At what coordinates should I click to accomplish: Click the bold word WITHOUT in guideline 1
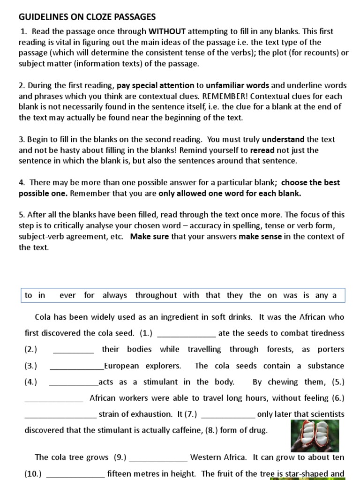[167, 31]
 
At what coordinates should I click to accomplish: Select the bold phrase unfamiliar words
[237, 85]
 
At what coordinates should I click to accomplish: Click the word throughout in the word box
[156, 295]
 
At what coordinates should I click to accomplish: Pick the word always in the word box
[114, 295]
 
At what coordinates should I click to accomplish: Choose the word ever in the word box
[67, 295]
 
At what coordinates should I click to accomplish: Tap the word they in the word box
[234, 295]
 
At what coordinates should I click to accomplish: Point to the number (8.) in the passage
[212, 430]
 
